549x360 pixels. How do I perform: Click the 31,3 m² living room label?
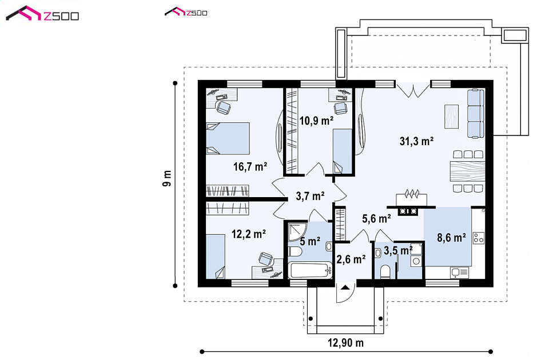417,141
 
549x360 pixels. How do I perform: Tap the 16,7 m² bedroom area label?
250,166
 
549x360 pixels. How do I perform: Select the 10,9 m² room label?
316,121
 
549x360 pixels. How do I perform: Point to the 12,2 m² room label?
249,234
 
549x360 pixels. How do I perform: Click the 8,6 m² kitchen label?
451,238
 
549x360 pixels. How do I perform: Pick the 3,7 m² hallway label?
310,196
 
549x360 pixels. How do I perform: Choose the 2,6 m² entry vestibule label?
351,259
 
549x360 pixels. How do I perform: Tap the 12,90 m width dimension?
345,343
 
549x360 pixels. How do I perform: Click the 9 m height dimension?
167,178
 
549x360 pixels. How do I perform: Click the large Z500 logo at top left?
42,14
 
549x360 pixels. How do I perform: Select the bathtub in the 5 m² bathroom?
310,270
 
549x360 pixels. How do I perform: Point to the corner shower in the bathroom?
297,230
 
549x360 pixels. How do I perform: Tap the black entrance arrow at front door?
345,287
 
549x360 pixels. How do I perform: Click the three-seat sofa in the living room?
476,114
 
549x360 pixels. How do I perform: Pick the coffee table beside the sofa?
451,117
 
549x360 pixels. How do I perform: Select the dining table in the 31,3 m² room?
467,171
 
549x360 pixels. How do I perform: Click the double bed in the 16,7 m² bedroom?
228,138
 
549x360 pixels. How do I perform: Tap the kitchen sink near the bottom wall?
459,273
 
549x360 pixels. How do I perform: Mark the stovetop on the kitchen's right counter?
478,238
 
